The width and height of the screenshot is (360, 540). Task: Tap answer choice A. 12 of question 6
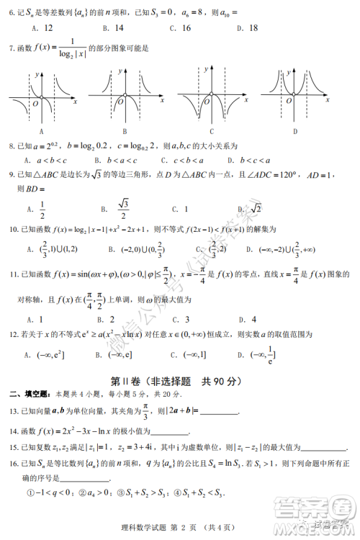[42, 29]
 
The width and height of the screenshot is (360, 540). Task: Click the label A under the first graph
[42, 132]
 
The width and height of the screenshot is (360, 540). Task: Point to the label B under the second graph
[125, 132]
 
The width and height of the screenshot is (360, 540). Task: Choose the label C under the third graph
[212, 132]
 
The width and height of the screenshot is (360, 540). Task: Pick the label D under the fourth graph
[295, 132]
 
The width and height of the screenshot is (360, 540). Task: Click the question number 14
[13, 432]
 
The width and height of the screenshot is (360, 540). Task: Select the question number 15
[13, 449]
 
